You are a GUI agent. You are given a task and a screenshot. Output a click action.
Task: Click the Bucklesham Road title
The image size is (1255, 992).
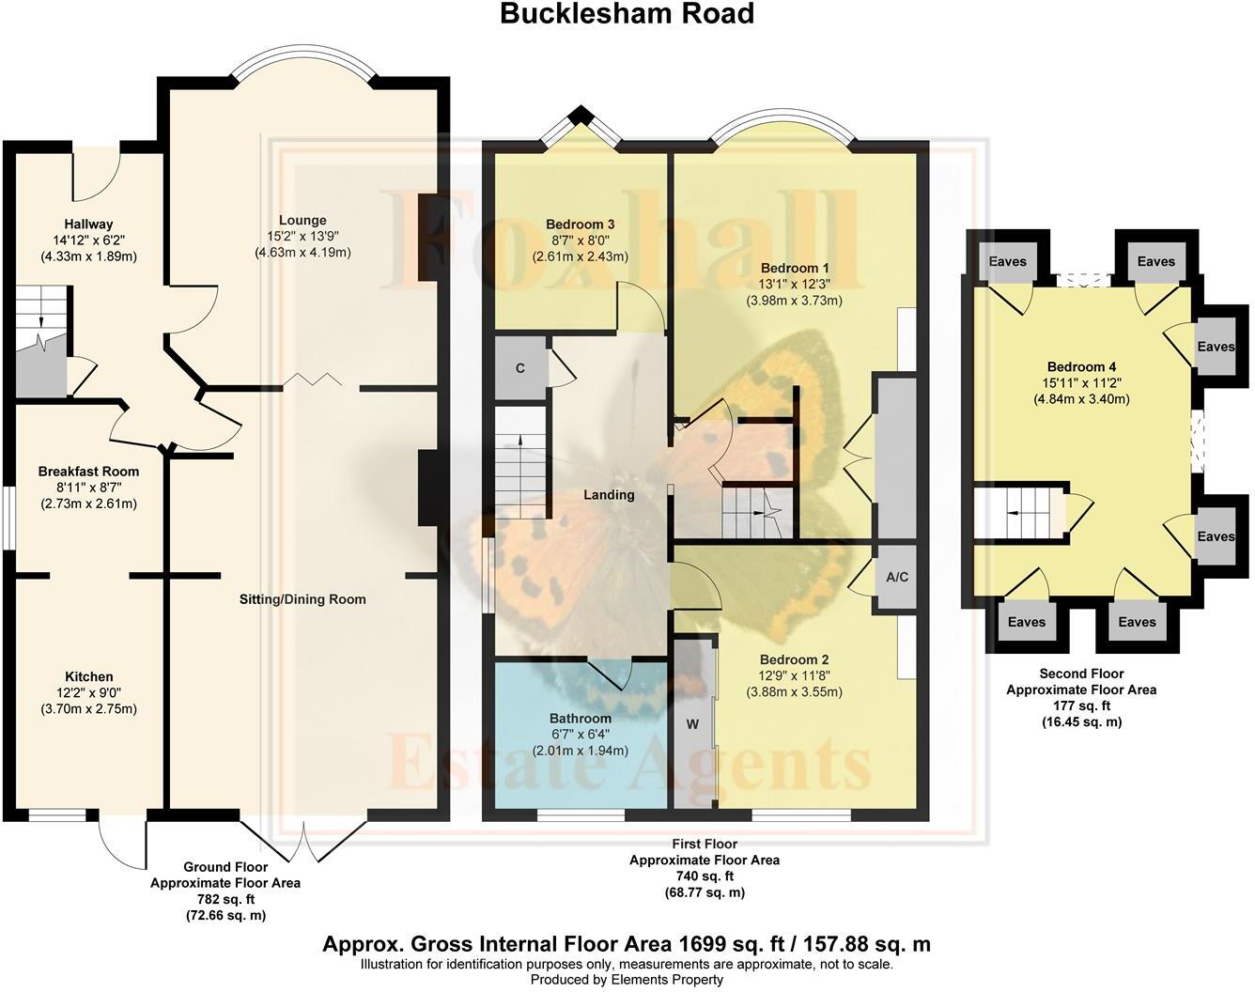pyautogui.click(x=627, y=14)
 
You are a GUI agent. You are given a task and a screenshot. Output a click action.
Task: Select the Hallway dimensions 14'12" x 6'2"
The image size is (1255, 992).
pyautogui.click(x=88, y=240)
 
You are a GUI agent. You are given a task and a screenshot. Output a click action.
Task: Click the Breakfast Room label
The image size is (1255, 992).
pyautogui.click(x=88, y=472)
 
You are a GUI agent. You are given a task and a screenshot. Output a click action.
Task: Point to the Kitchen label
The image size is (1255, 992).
pyautogui.click(x=89, y=676)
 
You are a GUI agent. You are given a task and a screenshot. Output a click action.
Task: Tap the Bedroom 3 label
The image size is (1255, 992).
pyautogui.click(x=580, y=225)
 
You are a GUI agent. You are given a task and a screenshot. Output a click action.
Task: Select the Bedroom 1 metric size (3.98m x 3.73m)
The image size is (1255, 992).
pyautogui.click(x=794, y=301)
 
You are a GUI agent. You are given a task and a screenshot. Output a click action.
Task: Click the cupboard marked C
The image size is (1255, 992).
pyautogui.click(x=520, y=368)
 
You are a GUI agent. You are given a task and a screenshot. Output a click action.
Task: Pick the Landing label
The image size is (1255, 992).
pyautogui.click(x=609, y=495)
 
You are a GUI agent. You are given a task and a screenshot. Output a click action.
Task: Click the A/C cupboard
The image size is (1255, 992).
pyautogui.click(x=897, y=577)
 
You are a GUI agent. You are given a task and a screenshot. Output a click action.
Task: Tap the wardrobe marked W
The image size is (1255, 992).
pyautogui.click(x=693, y=724)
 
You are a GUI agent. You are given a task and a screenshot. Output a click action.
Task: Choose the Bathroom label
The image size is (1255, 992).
pyautogui.click(x=581, y=719)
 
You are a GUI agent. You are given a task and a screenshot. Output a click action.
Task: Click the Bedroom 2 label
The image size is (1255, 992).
pyautogui.click(x=794, y=659)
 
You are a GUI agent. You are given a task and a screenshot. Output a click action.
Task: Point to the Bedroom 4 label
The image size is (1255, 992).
pyautogui.click(x=1081, y=366)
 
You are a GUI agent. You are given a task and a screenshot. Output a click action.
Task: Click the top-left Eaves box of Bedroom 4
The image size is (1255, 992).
pyautogui.click(x=1007, y=261)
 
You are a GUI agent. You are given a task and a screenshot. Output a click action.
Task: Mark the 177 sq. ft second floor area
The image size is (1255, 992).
pyautogui.click(x=1081, y=705)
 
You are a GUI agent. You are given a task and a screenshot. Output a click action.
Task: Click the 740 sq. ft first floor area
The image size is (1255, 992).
pyautogui.click(x=704, y=876)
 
